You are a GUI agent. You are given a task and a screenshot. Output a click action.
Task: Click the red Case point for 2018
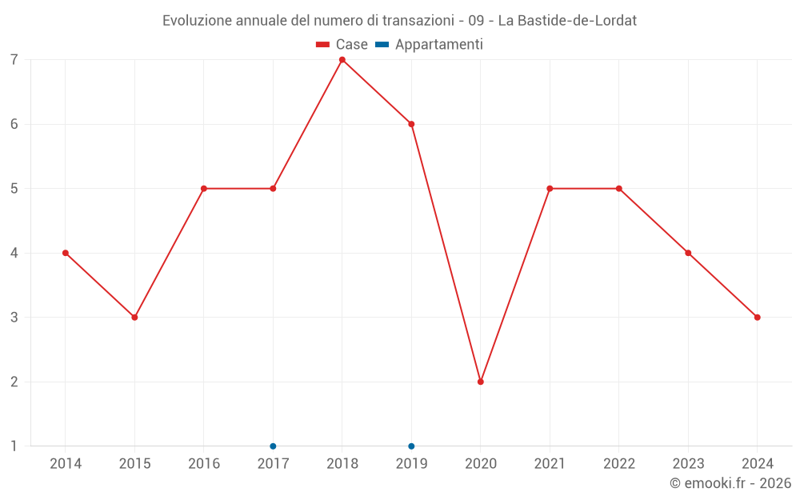pos(342,60)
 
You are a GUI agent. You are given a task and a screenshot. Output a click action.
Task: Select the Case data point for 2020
pos(481,382)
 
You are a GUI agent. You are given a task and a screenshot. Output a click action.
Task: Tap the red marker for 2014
pos(66,253)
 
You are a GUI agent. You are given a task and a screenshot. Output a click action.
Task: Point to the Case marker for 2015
pos(134,318)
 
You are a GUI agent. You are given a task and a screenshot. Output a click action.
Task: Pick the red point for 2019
pos(411,124)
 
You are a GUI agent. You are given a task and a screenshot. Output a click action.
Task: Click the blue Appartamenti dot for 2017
pos(273,446)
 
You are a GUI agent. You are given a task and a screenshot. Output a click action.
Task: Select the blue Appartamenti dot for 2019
pos(411,446)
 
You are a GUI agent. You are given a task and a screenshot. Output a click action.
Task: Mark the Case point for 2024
pos(757,318)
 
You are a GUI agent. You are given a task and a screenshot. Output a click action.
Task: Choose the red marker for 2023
pos(688,253)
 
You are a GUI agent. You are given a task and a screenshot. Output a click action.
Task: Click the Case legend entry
pos(342,45)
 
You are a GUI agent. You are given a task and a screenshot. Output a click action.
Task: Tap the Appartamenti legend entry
pos(430,45)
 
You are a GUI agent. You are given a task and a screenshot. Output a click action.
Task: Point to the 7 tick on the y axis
pos(14,60)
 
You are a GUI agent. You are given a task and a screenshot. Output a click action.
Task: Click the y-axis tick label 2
pos(14,382)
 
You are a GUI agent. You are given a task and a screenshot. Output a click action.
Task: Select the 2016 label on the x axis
pos(204,464)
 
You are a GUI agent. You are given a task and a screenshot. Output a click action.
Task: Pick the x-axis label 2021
pos(550,464)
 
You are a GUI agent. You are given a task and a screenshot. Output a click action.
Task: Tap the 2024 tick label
pos(757,464)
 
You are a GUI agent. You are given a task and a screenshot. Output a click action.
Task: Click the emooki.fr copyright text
pos(730,483)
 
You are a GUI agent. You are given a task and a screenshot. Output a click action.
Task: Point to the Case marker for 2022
pos(619,189)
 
